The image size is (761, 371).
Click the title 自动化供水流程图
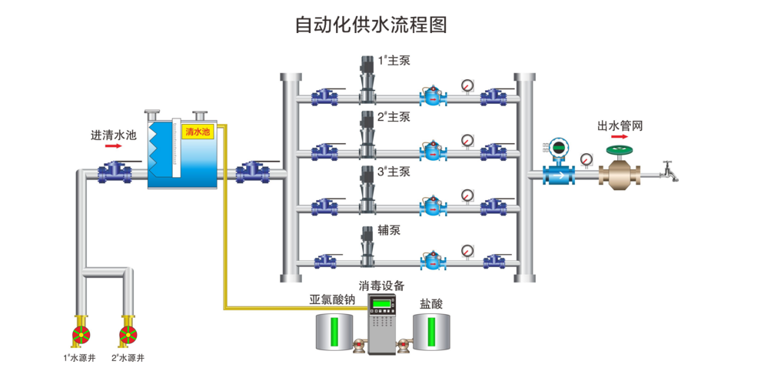click(371, 25)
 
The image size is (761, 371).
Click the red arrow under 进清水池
click(113, 145)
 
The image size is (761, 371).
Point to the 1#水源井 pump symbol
click(81, 334)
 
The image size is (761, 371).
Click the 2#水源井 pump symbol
click(128, 334)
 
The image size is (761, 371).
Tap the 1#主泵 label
click(394, 60)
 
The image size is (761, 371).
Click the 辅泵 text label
click(389, 229)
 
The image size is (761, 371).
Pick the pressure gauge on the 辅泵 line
click(467, 249)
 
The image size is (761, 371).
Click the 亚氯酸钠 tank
click(334, 329)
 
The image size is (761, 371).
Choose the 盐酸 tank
click(430, 329)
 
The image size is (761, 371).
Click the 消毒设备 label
click(381, 286)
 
